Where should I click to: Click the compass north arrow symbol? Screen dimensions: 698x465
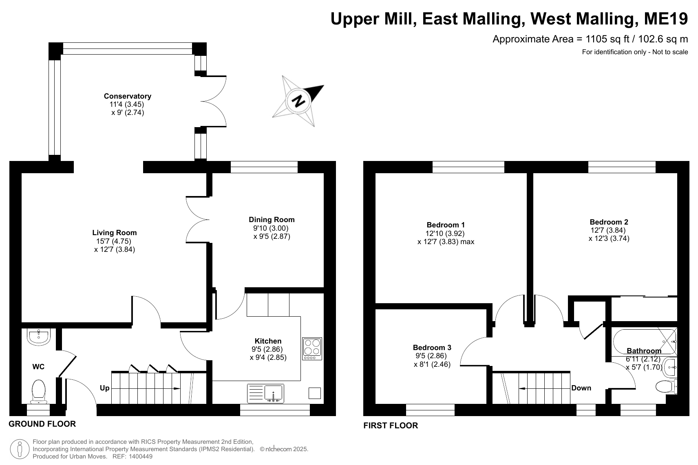pyautogui.click(x=298, y=101)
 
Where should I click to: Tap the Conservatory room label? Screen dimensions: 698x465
pyautogui.click(x=128, y=96)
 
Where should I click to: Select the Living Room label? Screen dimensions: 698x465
pyautogui.click(x=114, y=233)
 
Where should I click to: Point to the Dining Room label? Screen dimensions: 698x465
pyautogui.click(x=272, y=220)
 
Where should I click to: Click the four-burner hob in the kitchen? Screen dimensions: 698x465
pyautogui.click(x=312, y=349)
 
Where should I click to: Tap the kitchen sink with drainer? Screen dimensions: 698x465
pyautogui.click(x=265, y=393)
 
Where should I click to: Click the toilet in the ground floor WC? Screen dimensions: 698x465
pyautogui.click(x=39, y=391)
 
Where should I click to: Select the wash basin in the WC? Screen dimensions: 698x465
pyautogui.click(x=38, y=337)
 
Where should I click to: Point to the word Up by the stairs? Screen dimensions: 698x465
pyautogui.click(x=104, y=388)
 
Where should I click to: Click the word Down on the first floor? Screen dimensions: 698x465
pyautogui.click(x=581, y=388)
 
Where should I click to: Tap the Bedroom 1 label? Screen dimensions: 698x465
pyautogui.click(x=446, y=225)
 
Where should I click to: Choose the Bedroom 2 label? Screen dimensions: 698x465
pyautogui.click(x=609, y=222)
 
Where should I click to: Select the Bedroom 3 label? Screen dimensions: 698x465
pyautogui.click(x=432, y=348)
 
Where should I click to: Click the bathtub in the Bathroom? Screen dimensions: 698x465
pyautogui.click(x=645, y=342)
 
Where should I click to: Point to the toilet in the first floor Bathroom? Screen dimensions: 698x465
pyautogui.click(x=666, y=387)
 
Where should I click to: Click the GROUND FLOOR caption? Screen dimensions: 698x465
pyautogui.click(x=42, y=424)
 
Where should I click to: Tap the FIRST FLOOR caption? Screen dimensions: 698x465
pyautogui.click(x=391, y=425)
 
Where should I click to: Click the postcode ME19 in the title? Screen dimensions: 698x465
pyautogui.click(x=666, y=19)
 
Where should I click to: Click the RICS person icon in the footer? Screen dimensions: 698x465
pyautogui.click(x=20, y=450)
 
